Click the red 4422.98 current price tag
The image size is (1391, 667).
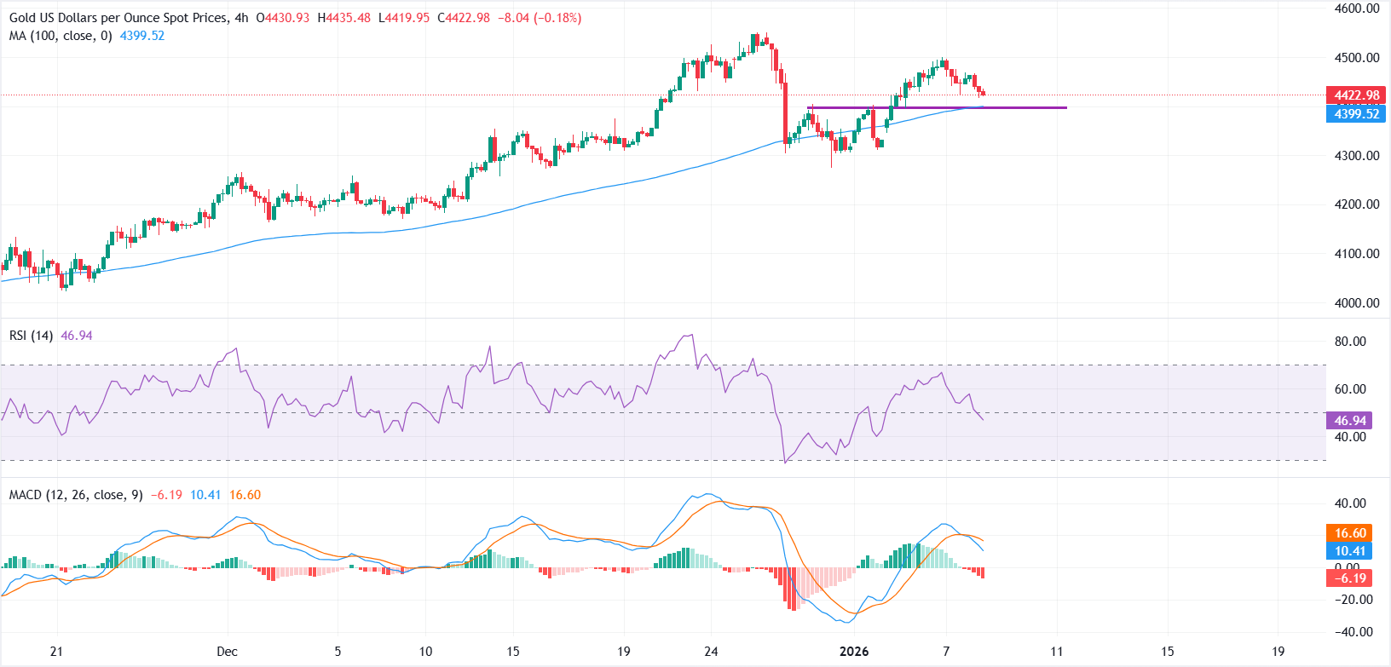1356,95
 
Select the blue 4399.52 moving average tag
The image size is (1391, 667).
1356,114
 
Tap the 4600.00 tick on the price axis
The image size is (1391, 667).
1357,9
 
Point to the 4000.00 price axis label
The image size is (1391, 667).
1357,302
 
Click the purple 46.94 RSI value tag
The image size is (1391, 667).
1350,420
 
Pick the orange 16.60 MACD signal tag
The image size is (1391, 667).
1350,533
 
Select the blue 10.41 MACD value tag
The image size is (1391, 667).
1350,551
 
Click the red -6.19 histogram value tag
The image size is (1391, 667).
1350,578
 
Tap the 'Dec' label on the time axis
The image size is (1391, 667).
227,652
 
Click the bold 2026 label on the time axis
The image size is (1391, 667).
854,652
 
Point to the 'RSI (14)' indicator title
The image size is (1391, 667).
31,336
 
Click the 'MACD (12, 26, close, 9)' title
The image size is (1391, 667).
76,495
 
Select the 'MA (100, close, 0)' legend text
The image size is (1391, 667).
61,36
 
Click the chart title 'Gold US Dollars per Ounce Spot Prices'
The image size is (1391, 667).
118,18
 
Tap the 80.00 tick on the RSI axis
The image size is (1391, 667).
1350,342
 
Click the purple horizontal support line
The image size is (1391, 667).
938,108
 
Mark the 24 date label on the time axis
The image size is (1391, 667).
712,652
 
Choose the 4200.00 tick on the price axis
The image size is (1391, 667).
1357,204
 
